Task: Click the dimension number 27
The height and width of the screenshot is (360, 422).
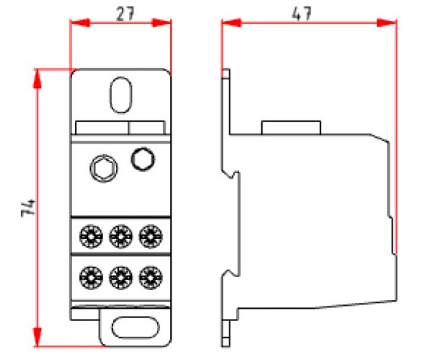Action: click(125, 14)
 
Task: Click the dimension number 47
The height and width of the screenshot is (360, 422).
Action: click(302, 13)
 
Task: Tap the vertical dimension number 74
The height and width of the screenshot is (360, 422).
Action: click(28, 208)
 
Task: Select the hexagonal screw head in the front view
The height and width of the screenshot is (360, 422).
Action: click(104, 168)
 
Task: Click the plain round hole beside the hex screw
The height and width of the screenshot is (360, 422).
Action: click(143, 159)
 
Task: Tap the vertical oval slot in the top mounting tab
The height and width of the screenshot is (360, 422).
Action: click(121, 95)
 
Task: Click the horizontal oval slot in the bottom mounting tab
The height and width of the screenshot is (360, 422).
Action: click(136, 328)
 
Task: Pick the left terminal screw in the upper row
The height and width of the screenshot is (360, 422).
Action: click(91, 237)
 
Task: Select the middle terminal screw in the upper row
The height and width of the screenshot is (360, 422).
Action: click(121, 237)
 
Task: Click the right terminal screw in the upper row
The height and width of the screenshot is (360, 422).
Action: click(151, 237)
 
